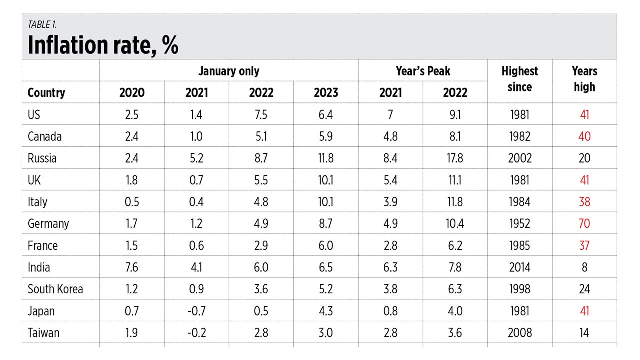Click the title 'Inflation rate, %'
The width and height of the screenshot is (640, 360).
point(103,45)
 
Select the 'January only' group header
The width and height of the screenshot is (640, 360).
point(229,71)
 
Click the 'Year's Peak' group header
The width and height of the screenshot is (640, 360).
point(423,71)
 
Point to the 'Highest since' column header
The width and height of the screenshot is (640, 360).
point(520,79)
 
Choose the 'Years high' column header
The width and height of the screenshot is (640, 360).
point(584,79)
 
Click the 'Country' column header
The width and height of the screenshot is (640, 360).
point(46,93)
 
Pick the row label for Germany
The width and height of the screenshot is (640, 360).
point(48,224)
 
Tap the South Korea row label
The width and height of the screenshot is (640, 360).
point(55,289)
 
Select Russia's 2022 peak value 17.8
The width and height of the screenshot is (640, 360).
point(455,158)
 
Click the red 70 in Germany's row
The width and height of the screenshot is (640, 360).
point(584,224)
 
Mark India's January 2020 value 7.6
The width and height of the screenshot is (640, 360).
point(132,267)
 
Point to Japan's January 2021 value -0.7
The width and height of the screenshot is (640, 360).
point(196,311)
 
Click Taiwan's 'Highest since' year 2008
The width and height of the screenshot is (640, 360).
point(520,333)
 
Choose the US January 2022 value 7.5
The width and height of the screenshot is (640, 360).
point(261,115)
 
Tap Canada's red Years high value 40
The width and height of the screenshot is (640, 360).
point(584,136)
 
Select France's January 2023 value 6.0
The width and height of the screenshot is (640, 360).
point(326,246)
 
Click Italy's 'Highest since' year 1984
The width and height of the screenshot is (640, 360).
point(520,202)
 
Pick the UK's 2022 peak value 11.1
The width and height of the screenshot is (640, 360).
point(455,180)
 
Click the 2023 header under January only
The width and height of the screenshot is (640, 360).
point(326,93)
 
